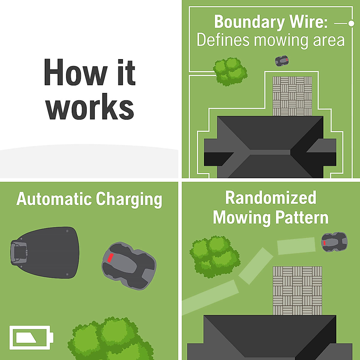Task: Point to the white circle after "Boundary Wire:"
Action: pyautogui.click(x=351, y=23)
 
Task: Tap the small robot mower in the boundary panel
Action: pyautogui.click(x=282, y=61)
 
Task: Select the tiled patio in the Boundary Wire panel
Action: pyautogui.click(x=292, y=96)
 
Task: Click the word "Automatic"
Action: pyautogui.click(x=54, y=199)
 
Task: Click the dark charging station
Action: pyautogui.click(x=45, y=252)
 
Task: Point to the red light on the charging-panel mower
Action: pyautogui.click(x=110, y=258)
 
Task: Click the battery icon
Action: pyautogui.click(x=31, y=337)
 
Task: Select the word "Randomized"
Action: pyautogui.click(x=271, y=198)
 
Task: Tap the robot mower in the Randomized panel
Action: pyautogui.click(x=334, y=242)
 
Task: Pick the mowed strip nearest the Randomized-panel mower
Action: pyautogui.click(x=296, y=246)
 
